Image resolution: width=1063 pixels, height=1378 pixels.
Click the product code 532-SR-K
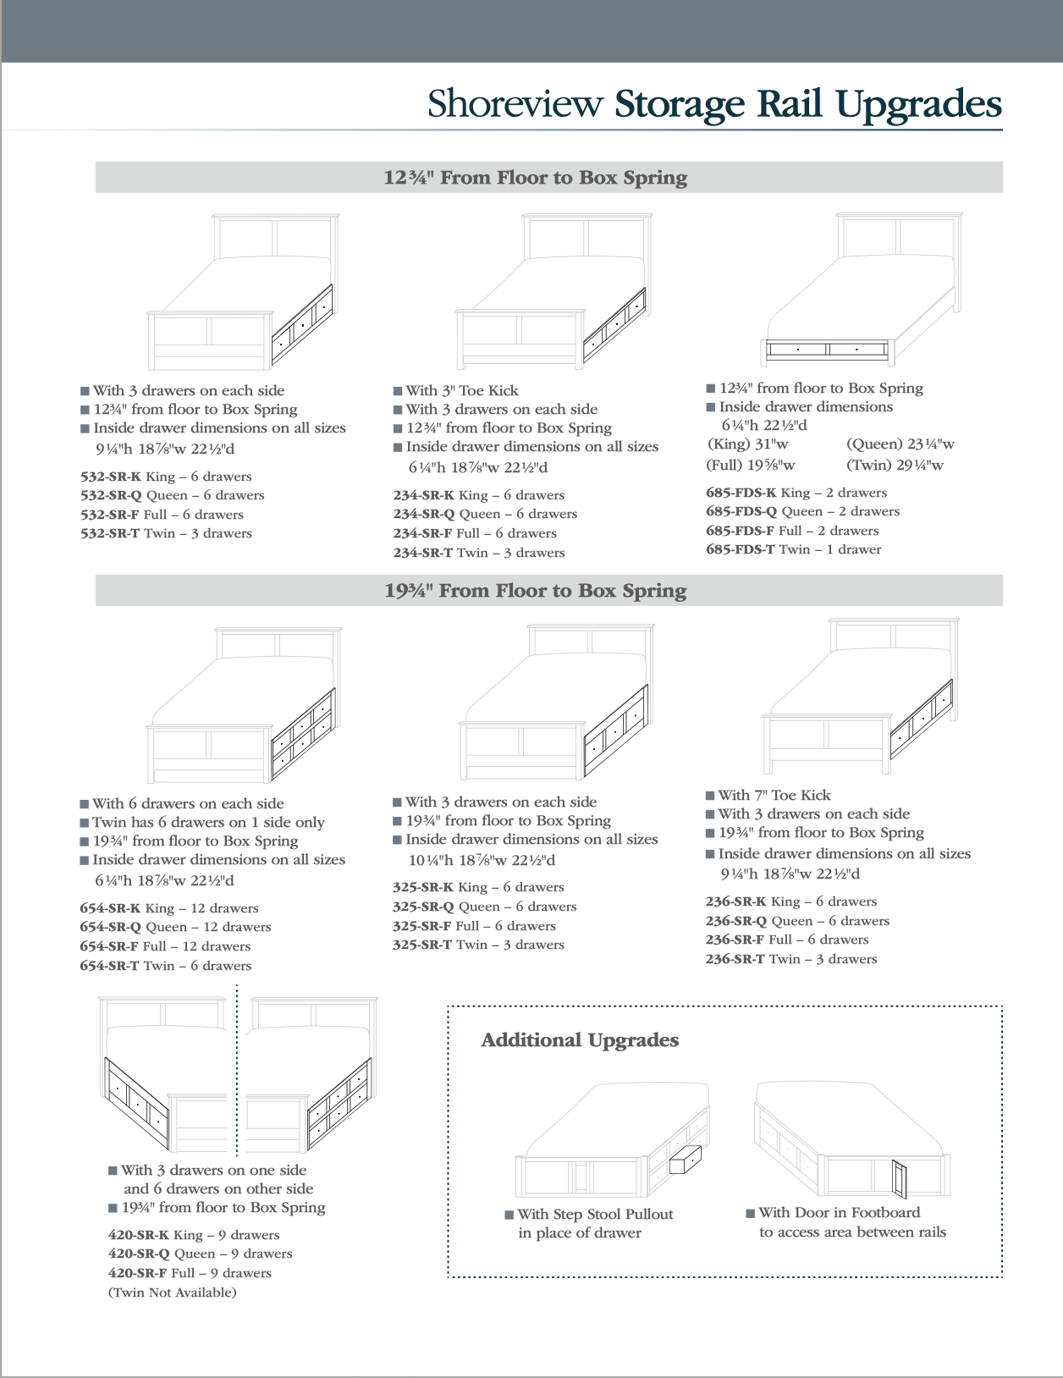[x=111, y=477]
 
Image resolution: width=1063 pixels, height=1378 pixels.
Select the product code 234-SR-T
[x=422, y=553]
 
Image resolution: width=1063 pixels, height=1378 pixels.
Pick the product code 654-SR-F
[x=109, y=946]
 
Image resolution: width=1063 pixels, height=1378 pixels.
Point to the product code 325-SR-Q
[x=423, y=907]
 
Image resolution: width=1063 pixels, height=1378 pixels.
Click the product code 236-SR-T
[x=735, y=959]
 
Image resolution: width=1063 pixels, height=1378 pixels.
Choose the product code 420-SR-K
[x=139, y=1235]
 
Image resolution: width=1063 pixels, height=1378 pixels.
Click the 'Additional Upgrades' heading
[x=580, y=1040]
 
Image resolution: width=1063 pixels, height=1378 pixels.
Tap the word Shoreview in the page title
[x=515, y=103]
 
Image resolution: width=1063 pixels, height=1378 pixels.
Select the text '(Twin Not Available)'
[x=172, y=1293]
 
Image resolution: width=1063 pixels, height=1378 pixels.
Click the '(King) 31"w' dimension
[x=747, y=444]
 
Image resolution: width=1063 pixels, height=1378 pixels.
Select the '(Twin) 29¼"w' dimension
[x=895, y=465]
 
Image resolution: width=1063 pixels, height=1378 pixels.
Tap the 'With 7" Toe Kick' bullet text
[x=774, y=795]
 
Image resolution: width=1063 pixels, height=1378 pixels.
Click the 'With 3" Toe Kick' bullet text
[x=461, y=390]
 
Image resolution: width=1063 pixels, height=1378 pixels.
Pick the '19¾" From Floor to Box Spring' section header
[x=536, y=591]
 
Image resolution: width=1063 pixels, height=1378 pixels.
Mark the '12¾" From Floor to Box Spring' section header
[x=536, y=178]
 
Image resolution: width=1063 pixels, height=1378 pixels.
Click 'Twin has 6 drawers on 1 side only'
[x=208, y=822]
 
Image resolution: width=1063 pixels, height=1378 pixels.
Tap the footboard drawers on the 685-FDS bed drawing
[x=827, y=349]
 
